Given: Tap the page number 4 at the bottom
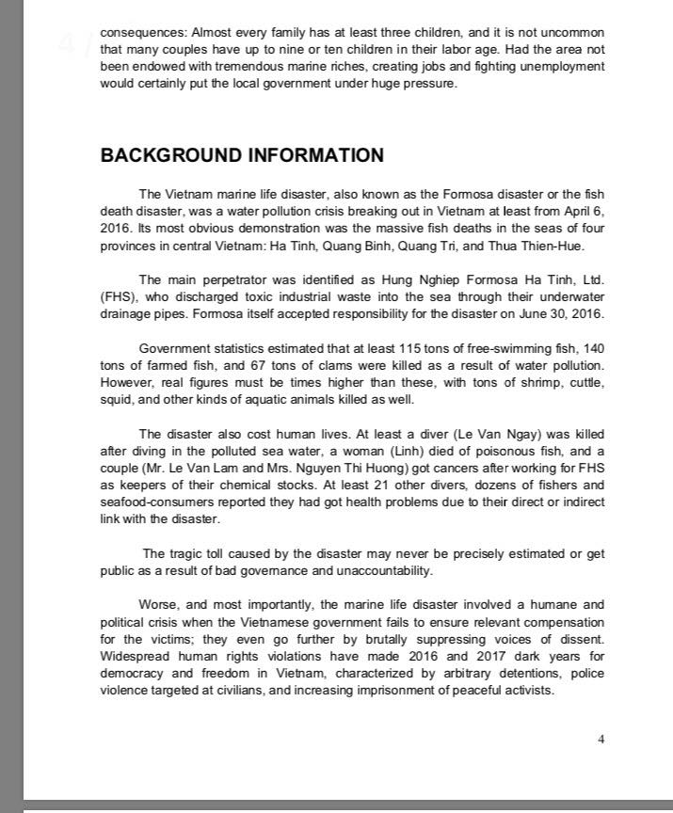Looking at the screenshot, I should (x=601, y=739).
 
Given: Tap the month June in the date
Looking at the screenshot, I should (x=520, y=314).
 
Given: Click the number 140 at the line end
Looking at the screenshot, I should (x=594, y=348).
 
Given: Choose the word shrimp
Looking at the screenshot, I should (x=507, y=382).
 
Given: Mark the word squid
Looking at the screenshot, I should (x=117, y=399).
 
